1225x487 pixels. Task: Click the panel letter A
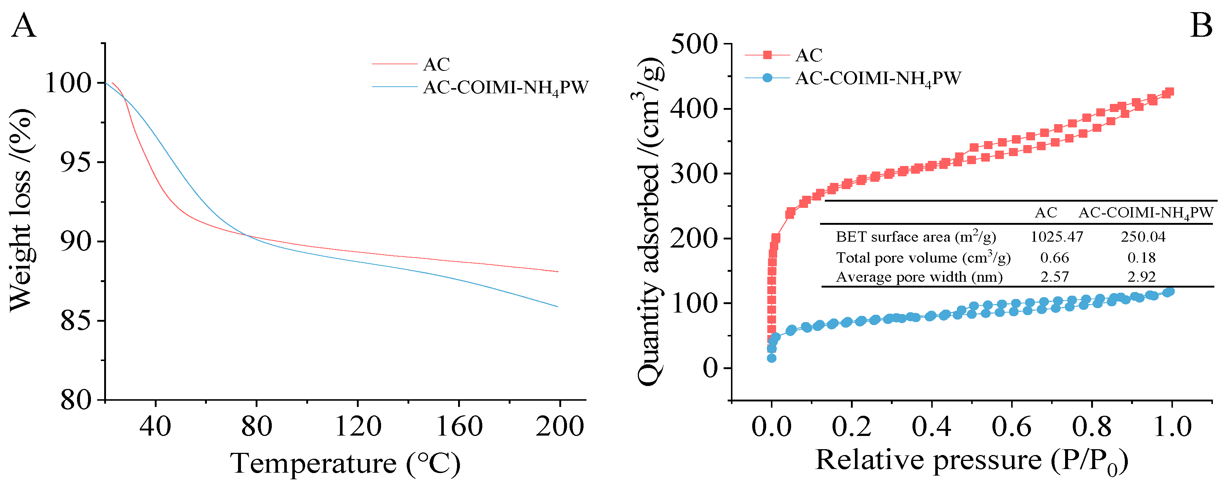23,26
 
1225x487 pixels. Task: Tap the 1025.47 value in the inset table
1057,237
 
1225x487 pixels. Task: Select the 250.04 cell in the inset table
1143,237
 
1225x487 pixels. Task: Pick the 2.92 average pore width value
1141,277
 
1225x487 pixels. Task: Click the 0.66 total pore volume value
1054,257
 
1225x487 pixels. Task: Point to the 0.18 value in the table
1141,257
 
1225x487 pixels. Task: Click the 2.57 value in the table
1054,277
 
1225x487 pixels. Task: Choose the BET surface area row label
915,237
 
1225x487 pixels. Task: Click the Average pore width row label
919,277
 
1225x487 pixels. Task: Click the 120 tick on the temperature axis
358,426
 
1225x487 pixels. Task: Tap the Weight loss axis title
21,209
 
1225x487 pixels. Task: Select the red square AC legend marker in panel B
767,55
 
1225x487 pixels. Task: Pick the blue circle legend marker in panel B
767,77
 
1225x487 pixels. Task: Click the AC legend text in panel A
436,64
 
